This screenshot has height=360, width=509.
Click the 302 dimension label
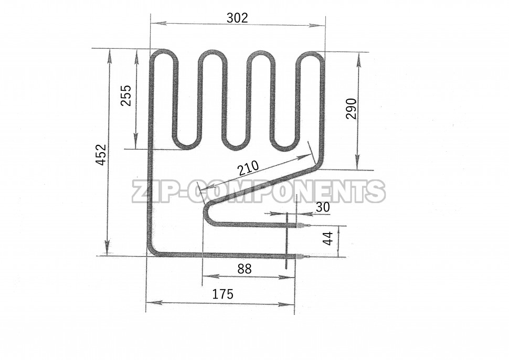237,18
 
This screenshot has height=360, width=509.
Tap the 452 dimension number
102,155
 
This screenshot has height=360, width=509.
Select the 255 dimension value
125,96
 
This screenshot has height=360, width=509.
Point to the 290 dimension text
351,109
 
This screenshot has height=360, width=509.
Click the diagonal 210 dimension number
248,168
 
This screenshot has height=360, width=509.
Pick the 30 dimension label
323,207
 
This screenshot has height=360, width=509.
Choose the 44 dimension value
328,239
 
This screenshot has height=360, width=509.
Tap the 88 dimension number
245,269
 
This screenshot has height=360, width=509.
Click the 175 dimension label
222,294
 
